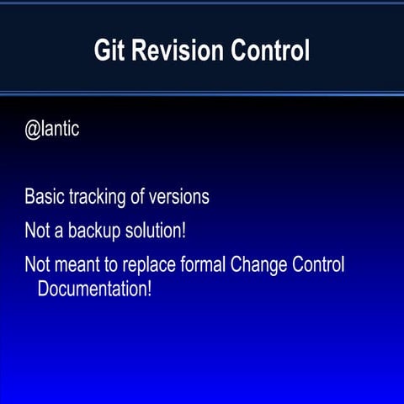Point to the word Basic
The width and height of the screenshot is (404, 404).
click(43, 198)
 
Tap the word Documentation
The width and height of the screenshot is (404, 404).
click(92, 290)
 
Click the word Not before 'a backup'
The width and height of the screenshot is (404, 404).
click(36, 231)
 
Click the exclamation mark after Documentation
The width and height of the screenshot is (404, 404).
click(149, 290)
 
